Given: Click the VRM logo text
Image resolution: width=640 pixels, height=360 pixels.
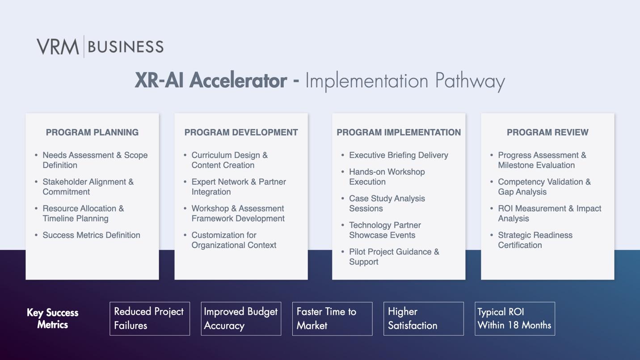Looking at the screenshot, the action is (x=58, y=47).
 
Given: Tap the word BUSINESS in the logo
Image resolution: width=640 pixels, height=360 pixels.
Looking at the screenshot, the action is (x=126, y=47).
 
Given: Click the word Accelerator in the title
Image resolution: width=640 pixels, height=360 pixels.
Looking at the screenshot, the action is (x=238, y=80).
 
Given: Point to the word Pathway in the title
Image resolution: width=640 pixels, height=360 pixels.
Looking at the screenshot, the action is (x=470, y=82).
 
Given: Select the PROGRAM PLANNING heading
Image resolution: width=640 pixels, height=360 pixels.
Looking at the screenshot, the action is (x=92, y=132).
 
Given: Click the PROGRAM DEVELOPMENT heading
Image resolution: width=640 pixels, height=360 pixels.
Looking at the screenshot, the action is (x=241, y=132).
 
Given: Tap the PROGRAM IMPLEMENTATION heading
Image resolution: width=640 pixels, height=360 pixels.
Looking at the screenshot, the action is (x=399, y=132).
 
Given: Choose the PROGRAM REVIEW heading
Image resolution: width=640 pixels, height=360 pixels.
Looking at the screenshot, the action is (x=547, y=132).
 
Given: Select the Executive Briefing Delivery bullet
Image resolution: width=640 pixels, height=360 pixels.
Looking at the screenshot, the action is (x=399, y=155).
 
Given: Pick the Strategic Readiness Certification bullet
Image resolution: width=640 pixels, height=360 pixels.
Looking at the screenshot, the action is (x=535, y=240).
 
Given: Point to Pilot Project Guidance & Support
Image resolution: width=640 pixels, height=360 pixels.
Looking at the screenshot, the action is (x=394, y=257).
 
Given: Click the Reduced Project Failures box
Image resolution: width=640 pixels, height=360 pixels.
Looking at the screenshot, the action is (x=150, y=319).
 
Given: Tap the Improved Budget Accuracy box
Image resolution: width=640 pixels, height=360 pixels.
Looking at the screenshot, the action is (x=241, y=319).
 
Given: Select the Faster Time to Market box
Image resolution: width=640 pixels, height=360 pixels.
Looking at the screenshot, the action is (x=332, y=319).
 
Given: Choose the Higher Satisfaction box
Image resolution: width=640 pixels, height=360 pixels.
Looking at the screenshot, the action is (x=423, y=319).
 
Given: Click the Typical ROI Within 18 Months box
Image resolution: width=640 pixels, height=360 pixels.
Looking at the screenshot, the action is (x=515, y=319).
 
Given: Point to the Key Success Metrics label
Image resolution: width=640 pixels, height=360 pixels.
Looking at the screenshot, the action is (x=53, y=318).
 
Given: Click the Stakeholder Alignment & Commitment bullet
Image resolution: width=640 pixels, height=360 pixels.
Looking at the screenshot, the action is (x=88, y=187).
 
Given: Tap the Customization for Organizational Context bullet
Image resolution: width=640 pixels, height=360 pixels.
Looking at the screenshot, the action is (x=234, y=240).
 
